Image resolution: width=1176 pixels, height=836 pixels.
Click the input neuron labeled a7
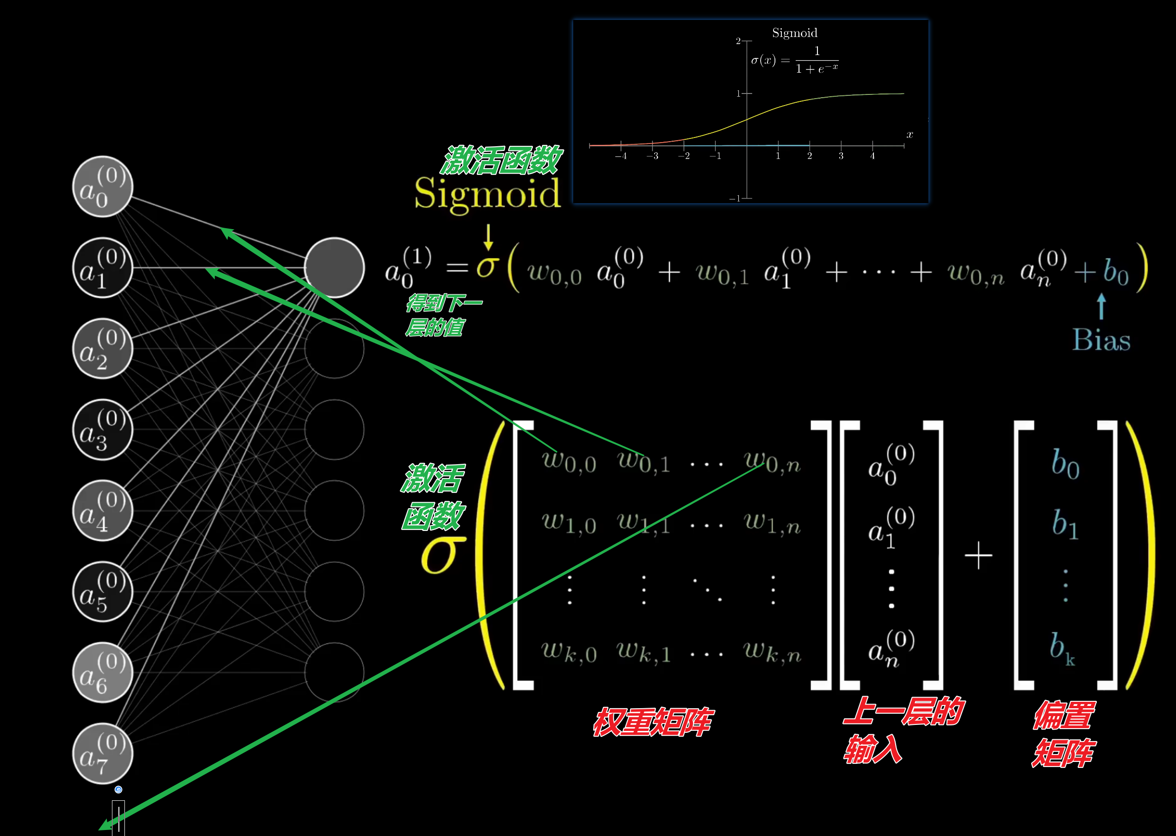102,753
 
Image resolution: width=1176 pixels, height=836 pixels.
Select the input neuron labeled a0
102,187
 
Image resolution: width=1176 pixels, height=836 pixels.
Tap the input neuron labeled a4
102,510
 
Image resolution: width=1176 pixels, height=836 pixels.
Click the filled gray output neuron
334,267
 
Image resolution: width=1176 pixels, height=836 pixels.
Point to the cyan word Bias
1101,340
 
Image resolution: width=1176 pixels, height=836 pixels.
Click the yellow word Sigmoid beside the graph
487,193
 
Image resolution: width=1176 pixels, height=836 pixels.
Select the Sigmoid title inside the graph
794,33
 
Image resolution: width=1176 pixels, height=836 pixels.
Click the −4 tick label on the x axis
620,156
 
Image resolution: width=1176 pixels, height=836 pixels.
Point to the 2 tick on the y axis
738,41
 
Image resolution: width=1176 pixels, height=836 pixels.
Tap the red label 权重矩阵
652,722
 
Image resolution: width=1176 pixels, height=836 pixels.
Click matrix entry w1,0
569,523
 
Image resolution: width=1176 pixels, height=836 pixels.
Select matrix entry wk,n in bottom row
772,652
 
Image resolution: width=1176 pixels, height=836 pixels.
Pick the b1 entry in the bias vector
1065,524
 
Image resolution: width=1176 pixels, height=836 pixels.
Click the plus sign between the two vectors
978,555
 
